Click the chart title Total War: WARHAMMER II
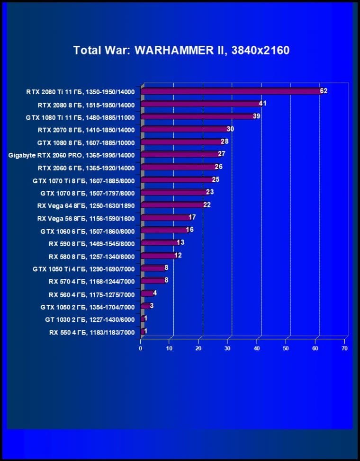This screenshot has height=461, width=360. click(181, 50)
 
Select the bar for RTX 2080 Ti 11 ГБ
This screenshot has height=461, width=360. click(231, 91)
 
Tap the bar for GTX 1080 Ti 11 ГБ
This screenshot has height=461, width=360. click(198, 116)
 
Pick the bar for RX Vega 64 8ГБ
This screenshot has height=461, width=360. click(172, 205)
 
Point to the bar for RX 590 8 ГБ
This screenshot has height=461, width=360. click(159, 243)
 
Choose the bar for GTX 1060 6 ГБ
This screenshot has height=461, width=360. click(164, 230)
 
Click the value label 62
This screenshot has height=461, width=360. click(324, 91)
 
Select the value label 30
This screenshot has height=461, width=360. click(231, 129)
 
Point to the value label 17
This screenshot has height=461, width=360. click(192, 217)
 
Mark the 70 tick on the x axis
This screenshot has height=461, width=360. click(344, 348)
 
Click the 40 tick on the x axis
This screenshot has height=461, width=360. click(257, 348)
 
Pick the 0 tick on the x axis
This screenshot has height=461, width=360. click(141, 348)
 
